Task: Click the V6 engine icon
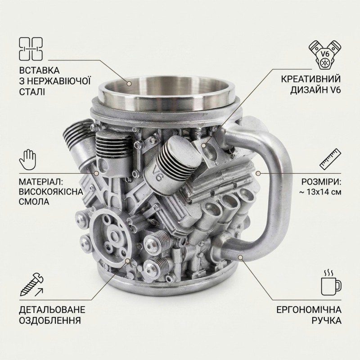point(324,55)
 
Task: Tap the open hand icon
point(27,159)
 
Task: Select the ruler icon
point(330,159)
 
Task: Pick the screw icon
point(31,285)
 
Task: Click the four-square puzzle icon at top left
point(31,49)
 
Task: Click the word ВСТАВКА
point(39,71)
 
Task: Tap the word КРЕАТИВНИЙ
point(311,79)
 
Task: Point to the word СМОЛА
point(34,202)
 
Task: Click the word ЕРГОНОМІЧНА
point(309,310)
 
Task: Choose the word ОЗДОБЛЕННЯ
point(50,320)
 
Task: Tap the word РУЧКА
point(326,320)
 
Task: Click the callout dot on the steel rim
point(130,83)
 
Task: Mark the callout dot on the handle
point(240,257)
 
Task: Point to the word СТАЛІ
point(32,92)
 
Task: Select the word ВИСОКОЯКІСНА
point(51,192)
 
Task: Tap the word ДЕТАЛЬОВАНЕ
point(52,310)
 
